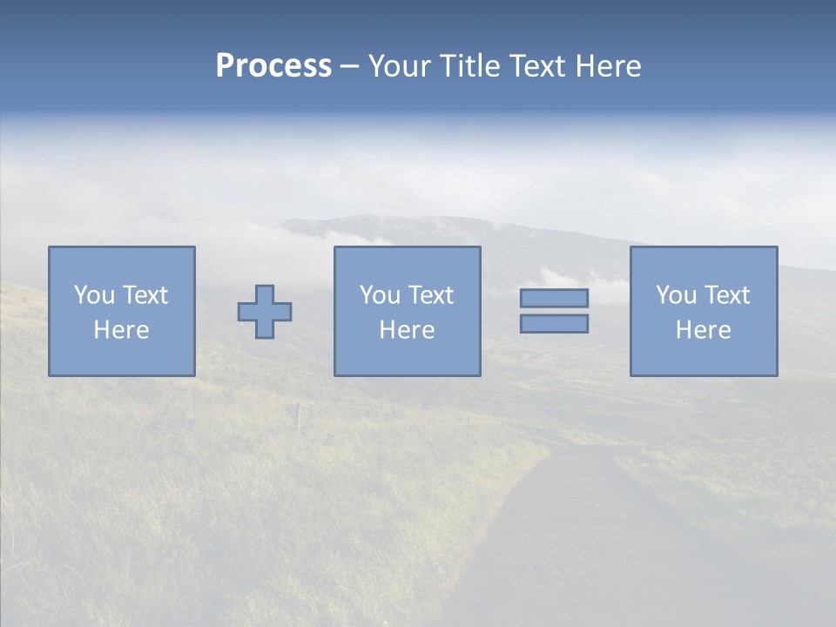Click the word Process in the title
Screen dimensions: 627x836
273,66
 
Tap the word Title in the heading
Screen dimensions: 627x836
469,66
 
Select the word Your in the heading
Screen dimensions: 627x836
400,66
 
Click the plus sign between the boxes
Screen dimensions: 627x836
265,312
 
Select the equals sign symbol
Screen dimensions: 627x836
554,311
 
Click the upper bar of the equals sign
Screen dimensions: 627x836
554,299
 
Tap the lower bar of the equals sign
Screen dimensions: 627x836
554,323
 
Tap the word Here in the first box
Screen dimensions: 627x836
121,330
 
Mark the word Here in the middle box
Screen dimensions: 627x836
407,330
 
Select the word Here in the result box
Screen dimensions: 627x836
703,330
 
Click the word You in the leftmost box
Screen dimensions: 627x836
93,295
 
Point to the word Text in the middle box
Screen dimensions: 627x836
431,295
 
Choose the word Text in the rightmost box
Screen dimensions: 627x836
727,295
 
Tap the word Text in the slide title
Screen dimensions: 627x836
538,66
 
